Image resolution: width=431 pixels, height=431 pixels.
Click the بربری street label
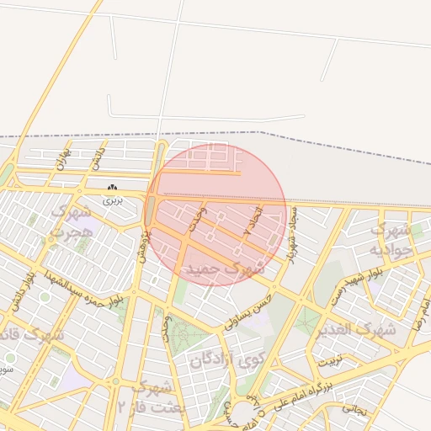[x=113, y=200]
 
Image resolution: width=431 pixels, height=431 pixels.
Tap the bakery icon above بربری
[x=113, y=187]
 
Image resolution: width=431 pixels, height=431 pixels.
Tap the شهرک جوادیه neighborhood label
[x=392, y=239]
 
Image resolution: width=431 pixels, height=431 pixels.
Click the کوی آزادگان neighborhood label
[x=222, y=363]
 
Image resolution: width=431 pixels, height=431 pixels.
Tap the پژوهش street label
[x=144, y=244]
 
